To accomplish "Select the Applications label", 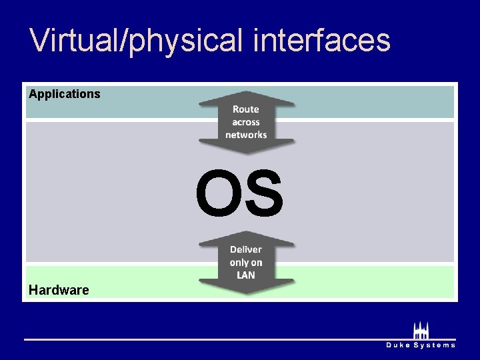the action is [x=65, y=94].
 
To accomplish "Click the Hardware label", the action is [x=59, y=290].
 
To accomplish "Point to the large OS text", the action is [x=239, y=193].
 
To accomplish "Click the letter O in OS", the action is [x=217, y=193].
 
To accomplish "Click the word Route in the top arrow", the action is [x=246, y=109].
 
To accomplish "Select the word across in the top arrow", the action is [x=246, y=122].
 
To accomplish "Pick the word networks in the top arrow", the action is [x=246, y=135].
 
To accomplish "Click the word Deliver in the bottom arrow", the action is [x=246, y=250].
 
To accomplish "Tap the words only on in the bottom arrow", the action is [x=246, y=263].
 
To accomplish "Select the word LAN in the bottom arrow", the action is [x=246, y=275].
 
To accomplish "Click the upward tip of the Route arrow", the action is [x=246, y=93].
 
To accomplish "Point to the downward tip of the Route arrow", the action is [x=246, y=153].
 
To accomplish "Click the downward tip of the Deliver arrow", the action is [x=246, y=293].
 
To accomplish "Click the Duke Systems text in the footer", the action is [x=421, y=345].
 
